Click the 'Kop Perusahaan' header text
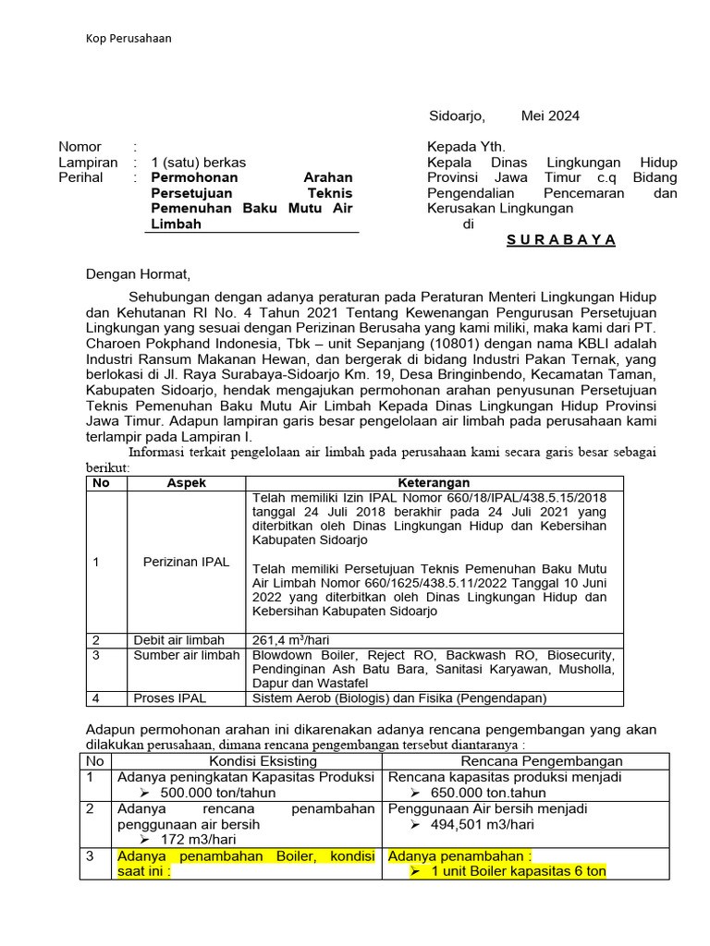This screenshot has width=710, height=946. pos(129,38)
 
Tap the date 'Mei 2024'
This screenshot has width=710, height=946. pos(550,115)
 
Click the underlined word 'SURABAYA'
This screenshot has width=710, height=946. pos(561,239)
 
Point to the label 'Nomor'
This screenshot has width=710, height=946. pos(80,147)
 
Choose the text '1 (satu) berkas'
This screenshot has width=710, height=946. pos(199,162)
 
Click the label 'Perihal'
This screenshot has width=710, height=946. pos(81,177)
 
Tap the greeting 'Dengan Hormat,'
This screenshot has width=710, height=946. pos(138,273)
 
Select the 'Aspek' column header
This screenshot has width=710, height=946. pos(186,483)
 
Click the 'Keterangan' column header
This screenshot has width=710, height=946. pos(434,483)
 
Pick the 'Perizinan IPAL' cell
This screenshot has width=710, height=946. pos(186,562)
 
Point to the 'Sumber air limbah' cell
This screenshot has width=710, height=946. pos(186,655)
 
